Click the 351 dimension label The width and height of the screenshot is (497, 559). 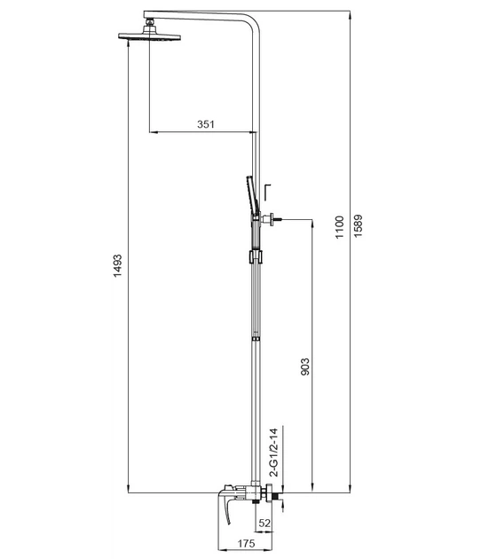[x=206, y=124]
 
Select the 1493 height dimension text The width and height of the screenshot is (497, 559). [x=117, y=266]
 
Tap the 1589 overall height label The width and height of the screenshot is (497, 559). [x=358, y=225]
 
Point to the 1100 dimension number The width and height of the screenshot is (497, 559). [x=339, y=227]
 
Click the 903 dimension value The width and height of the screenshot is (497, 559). [x=305, y=366]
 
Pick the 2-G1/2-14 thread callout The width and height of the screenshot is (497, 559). [x=273, y=453]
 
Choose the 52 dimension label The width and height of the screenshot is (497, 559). [x=264, y=523]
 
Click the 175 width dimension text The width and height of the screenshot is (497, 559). [x=247, y=544]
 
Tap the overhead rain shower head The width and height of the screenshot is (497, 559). [x=149, y=36]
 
